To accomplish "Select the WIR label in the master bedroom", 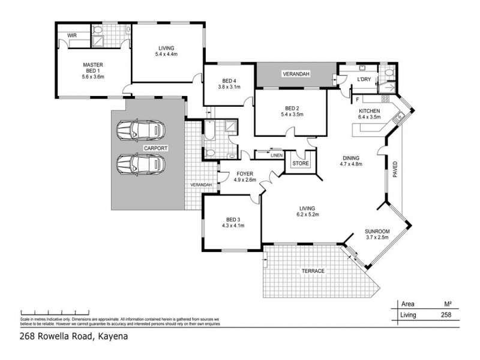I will [72, 37].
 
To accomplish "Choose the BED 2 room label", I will [292, 109].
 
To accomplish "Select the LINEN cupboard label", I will [277, 156].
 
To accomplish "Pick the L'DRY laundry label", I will [364, 80].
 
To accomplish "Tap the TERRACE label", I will [313, 271].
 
